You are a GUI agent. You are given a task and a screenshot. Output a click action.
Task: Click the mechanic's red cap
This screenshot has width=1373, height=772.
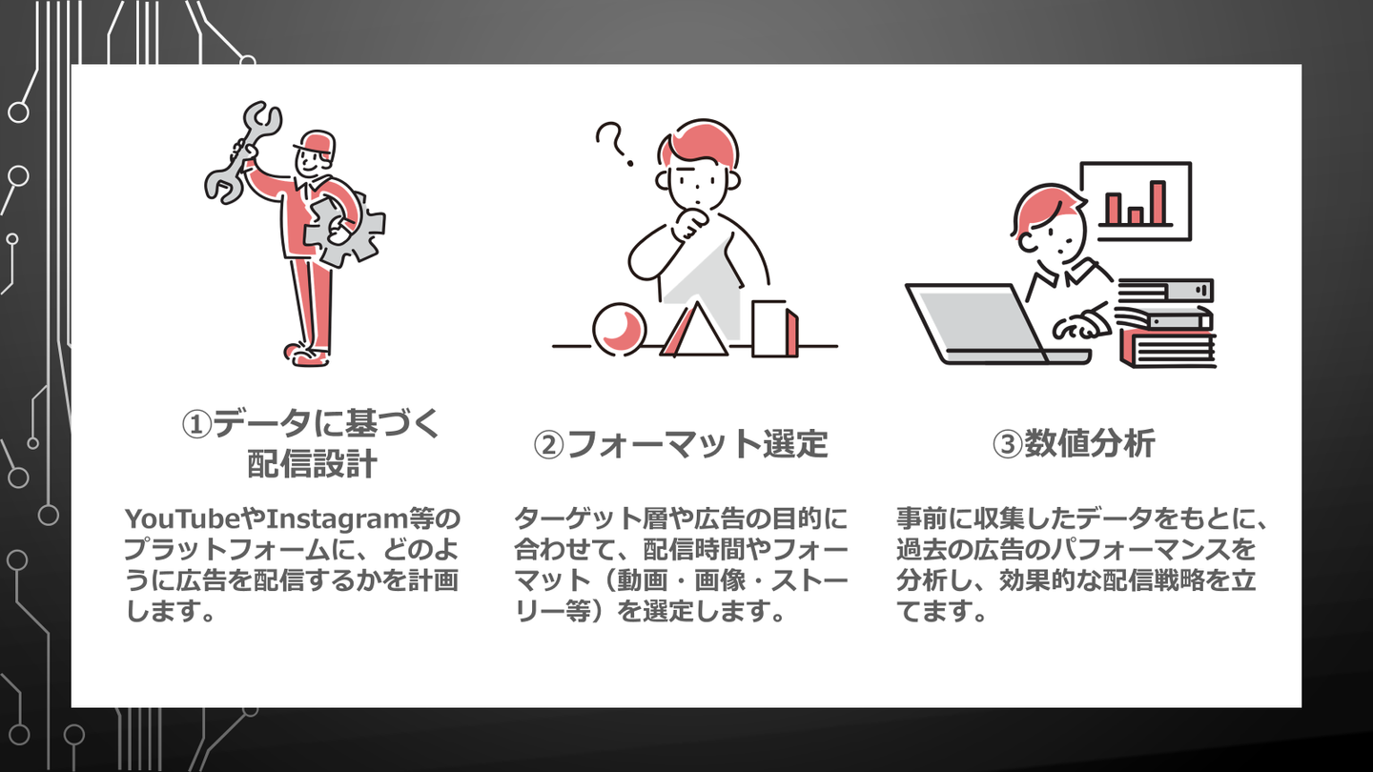(317, 145)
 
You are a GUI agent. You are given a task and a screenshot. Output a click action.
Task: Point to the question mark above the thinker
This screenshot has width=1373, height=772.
(614, 145)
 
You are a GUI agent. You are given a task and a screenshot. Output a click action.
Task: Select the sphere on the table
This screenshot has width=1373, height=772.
(619, 329)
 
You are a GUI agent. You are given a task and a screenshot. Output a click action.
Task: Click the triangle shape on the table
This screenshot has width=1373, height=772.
(694, 331)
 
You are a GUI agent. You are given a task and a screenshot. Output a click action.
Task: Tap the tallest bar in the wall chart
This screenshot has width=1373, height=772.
(1158, 202)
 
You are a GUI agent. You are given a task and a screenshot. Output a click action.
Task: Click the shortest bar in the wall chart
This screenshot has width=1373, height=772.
(1136, 215)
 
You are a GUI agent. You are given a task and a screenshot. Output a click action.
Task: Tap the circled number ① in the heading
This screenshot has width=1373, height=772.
(196, 424)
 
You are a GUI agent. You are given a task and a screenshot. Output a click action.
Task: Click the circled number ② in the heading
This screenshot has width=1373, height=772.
(548, 445)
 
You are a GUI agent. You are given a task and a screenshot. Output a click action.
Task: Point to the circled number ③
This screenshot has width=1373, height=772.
(1008, 445)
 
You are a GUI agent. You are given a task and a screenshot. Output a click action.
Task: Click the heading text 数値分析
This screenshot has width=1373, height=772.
(1090, 443)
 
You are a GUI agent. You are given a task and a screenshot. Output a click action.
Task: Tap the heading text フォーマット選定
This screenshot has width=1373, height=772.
(698, 444)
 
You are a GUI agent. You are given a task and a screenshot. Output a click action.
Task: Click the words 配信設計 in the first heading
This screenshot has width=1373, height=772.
(312, 464)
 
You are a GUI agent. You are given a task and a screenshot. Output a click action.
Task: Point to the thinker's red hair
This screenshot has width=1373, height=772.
(700, 144)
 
